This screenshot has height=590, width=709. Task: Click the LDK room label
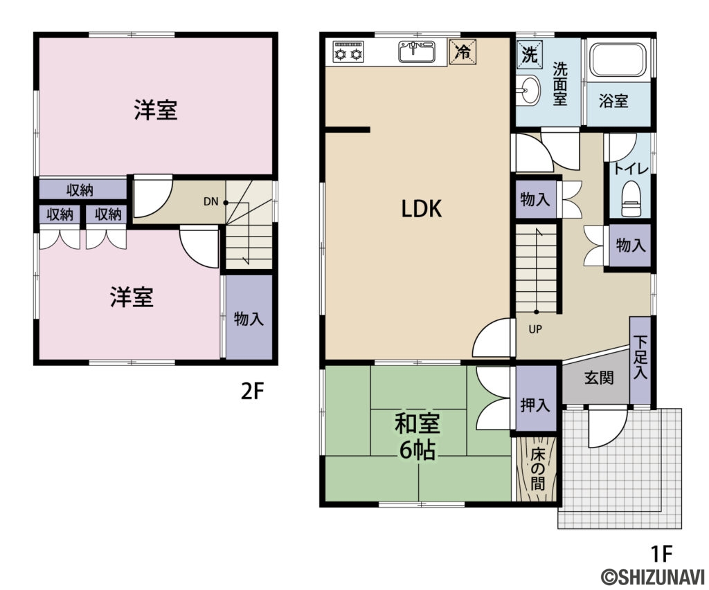tap(422, 208)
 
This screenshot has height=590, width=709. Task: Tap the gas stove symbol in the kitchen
tap(348, 52)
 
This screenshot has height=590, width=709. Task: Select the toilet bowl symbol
tap(631, 198)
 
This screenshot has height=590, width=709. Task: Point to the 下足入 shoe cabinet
tap(640, 360)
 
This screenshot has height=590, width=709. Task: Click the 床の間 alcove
tap(537, 469)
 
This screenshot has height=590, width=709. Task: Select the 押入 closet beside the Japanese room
tap(535, 405)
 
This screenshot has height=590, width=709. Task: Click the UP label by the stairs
tap(535, 329)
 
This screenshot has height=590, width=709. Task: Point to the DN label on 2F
tap(210, 202)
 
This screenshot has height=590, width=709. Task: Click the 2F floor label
tap(253, 392)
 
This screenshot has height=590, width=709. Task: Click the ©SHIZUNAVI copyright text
tap(651, 577)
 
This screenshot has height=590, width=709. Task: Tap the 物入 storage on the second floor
tap(249, 318)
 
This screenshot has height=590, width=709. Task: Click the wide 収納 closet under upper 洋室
tap(81, 190)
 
